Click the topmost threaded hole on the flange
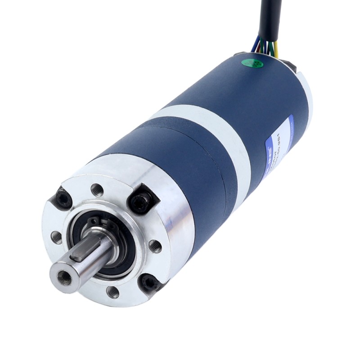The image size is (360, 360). (x=96, y=190)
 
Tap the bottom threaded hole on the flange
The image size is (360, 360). (x=112, y=292)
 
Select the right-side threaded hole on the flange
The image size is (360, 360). (x=155, y=246)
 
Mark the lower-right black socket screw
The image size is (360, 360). (x=149, y=283)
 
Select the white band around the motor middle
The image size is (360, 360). (x=211, y=135)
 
